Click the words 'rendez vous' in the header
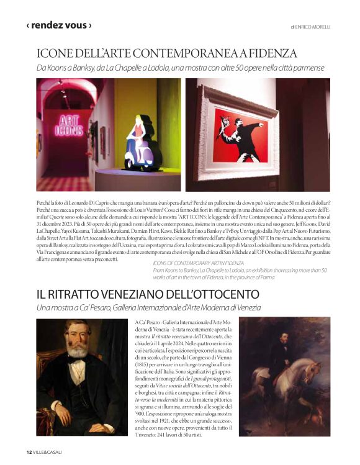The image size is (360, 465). tap(59, 25)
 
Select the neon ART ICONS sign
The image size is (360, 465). tap(70, 124)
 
